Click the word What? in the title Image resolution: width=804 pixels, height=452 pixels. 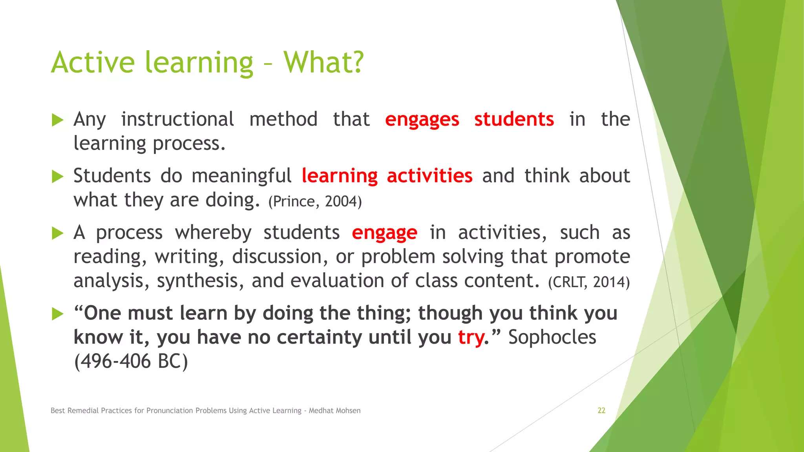click(x=323, y=63)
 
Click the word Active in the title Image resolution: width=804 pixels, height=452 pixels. click(x=93, y=63)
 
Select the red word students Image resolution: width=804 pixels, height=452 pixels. click(x=514, y=119)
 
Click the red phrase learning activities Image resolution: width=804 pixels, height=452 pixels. click(x=387, y=176)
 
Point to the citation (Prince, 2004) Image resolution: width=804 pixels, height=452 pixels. click(x=315, y=202)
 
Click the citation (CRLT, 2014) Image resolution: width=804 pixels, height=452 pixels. click(x=588, y=282)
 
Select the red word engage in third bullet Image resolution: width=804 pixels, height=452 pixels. click(x=384, y=233)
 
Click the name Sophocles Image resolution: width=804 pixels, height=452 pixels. click(x=552, y=337)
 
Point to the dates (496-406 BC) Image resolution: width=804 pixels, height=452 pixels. click(x=131, y=361)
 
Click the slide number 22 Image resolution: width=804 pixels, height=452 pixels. click(x=601, y=410)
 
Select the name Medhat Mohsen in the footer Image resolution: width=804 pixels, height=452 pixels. click(x=334, y=411)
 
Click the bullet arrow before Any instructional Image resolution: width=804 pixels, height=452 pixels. click(x=57, y=120)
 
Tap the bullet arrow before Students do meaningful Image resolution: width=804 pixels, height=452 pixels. click(x=57, y=177)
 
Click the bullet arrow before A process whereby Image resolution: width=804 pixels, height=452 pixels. click(x=57, y=233)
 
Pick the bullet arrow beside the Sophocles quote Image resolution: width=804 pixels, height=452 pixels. click(x=57, y=314)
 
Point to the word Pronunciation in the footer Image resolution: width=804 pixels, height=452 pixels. click(x=171, y=411)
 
